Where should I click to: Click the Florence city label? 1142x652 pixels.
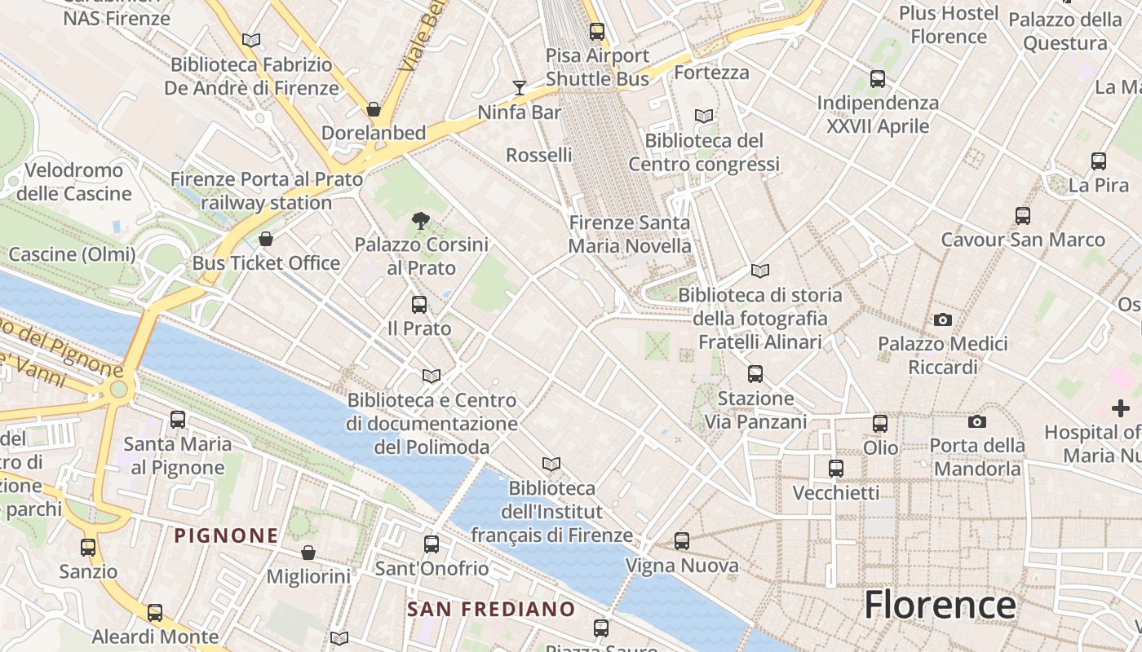pyautogui.click(x=940, y=606)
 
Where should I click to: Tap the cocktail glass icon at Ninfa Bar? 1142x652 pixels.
pyautogui.click(x=520, y=87)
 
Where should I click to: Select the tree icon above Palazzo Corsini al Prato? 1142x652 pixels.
pyautogui.click(x=421, y=220)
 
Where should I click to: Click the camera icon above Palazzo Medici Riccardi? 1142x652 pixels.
pyautogui.click(x=943, y=319)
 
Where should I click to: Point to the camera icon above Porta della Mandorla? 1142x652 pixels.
pyautogui.click(x=977, y=421)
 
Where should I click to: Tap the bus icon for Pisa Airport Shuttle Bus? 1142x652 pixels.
pyautogui.click(x=597, y=32)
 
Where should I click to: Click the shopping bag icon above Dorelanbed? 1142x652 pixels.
pyautogui.click(x=374, y=108)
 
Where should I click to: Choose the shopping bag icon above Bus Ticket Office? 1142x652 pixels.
pyautogui.click(x=266, y=239)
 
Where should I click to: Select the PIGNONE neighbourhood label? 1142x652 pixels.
pyautogui.click(x=227, y=535)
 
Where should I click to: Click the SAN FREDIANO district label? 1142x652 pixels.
pyautogui.click(x=491, y=609)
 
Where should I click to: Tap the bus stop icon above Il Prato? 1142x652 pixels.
pyautogui.click(x=419, y=305)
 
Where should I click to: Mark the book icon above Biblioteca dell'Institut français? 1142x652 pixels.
pyautogui.click(x=551, y=464)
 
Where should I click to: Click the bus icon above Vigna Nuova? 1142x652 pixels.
pyautogui.click(x=682, y=540)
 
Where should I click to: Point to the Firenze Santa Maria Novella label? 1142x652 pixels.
pyautogui.click(x=630, y=234)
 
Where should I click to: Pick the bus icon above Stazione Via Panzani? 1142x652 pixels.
pyautogui.click(x=755, y=374)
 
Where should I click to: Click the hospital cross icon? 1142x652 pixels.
pyautogui.click(x=1121, y=407)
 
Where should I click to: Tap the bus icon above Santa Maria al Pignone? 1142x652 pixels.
pyautogui.click(x=178, y=420)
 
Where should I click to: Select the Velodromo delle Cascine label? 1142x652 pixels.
pyautogui.click(x=74, y=182)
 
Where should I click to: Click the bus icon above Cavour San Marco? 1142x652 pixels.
pyautogui.click(x=1023, y=216)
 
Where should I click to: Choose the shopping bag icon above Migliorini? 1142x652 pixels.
pyautogui.click(x=308, y=553)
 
